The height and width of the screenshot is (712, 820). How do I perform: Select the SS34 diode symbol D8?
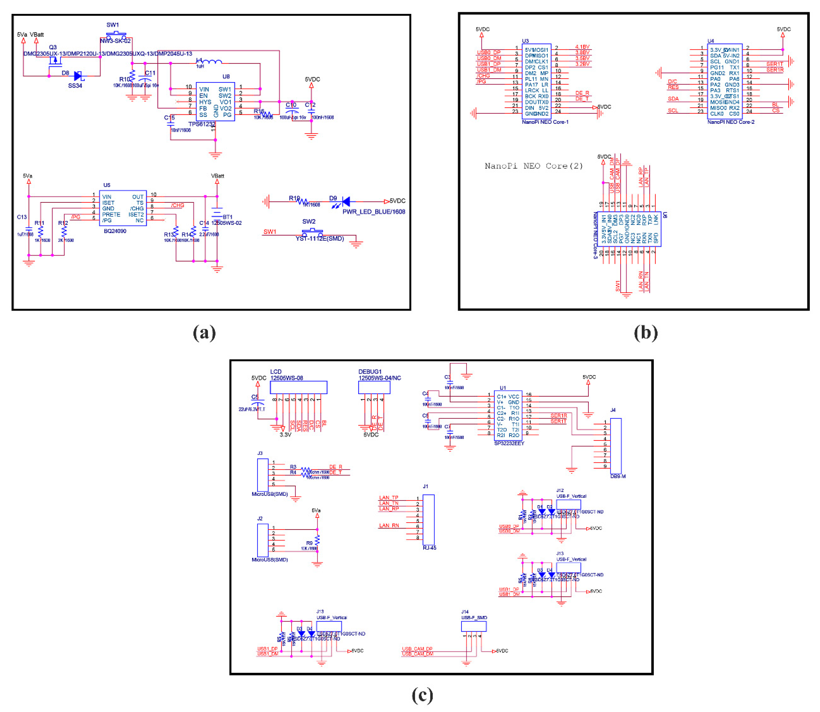tap(78, 76)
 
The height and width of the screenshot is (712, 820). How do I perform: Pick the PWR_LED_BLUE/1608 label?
tap(374, 212)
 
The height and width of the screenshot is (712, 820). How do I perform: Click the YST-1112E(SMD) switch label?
tap(319, 238)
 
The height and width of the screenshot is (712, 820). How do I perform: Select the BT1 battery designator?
tap(227, 217)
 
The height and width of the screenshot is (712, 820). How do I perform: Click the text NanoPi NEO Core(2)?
tap(533, 166)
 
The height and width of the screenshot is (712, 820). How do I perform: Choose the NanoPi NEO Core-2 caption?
tap(731, 122)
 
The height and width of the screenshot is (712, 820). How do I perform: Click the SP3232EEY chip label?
tap(509, 443)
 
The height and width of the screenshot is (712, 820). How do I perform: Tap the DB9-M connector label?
tap(618, 476)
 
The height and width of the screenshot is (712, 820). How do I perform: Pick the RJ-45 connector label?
tap(429, 547)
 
